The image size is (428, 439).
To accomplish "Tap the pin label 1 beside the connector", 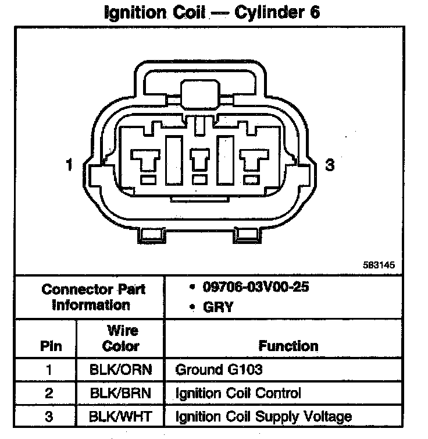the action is [69, 165].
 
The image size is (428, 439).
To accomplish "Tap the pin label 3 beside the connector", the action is [330, 165].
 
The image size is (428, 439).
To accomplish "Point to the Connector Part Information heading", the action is [93, 296].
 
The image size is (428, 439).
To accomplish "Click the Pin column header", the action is [49, 346].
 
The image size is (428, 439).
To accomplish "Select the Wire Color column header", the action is [120, 338].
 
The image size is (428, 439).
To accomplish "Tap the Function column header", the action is [288, 346].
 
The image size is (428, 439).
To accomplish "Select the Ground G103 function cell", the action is [219, 370].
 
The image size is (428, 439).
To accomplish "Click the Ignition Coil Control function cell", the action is [238, 393].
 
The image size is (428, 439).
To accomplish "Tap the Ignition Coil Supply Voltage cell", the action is [263, 416].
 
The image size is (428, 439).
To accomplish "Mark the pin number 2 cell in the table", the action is [49, 393].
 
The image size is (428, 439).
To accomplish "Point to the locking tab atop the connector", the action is [199, 93].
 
